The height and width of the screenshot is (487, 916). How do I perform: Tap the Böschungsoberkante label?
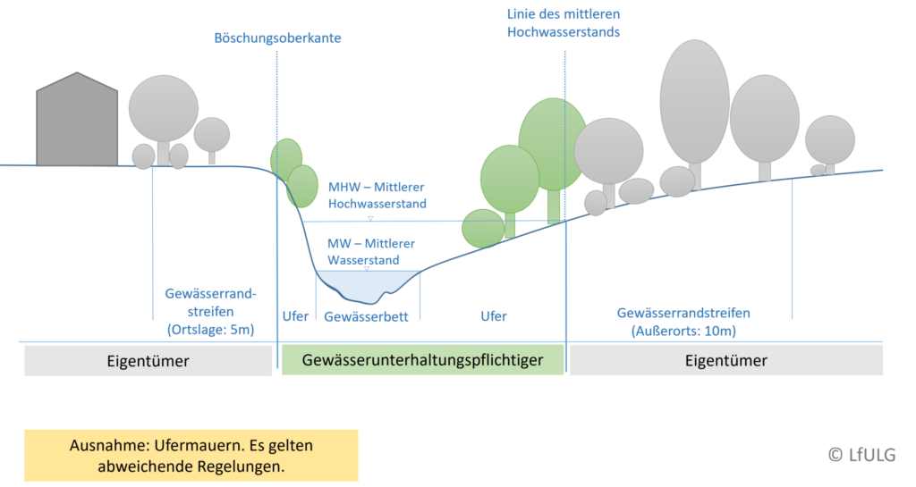click(278, 39)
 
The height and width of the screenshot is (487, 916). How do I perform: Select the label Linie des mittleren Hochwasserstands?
click(564, 23)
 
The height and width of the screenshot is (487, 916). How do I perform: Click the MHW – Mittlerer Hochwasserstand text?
click(376, 195)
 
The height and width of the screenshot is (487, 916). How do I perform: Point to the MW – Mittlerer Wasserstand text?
click(362, 249)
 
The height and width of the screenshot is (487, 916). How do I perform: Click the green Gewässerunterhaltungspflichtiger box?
click(422, 361)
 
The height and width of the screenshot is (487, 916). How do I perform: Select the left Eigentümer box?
click(148, 361)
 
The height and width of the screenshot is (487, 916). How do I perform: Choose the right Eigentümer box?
click(725, 361)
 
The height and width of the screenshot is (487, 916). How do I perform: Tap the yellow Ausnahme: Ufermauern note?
click(191, 456)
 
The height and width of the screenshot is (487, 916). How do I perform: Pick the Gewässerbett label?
click(367, 316)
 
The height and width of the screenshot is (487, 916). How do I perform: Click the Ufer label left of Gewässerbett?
click(295, 316)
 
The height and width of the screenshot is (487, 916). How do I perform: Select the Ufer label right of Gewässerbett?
click(494, 316)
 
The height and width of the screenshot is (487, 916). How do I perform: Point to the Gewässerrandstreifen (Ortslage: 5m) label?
click(210, 311)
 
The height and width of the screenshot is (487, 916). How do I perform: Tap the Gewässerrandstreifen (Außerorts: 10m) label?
click(683, 322)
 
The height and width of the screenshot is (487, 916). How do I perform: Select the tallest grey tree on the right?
click(695, 98)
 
